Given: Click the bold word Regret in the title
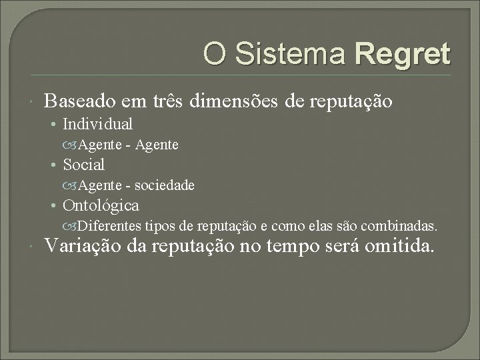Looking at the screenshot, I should click(403, 53).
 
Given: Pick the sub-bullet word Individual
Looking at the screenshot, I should click(97, 124).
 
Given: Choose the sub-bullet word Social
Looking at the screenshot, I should click(83, 165).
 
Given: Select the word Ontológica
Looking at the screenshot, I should click(101, 205).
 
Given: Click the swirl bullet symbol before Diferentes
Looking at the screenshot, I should click(72, 226).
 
